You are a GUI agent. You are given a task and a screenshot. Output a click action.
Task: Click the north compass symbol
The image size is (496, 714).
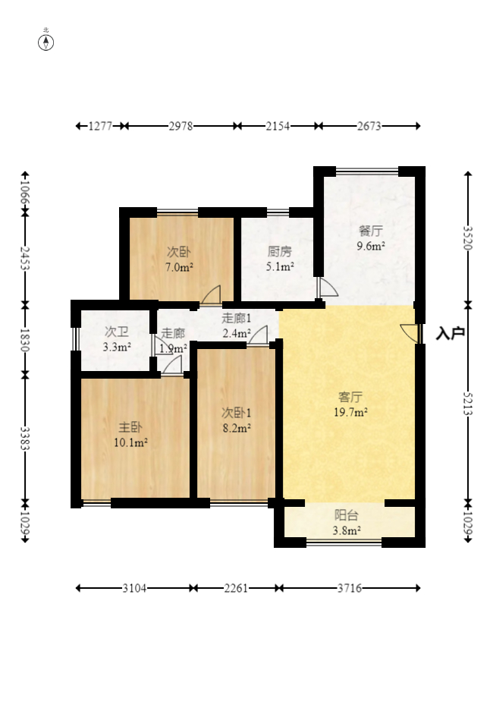tap(46, 42)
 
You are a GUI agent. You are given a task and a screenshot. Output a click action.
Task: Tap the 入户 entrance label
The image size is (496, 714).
tap(450, 333)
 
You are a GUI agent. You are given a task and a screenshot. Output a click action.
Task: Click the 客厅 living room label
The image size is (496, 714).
tap(350, 397)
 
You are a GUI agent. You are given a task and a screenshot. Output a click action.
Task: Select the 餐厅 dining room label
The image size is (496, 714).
tap(370, 231)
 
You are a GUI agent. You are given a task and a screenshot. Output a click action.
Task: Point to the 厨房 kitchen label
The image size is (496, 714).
tap(279, 251)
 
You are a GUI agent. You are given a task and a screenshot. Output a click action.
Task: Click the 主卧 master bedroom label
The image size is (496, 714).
tap(130, 427)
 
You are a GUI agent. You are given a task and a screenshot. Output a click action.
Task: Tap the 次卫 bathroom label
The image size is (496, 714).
tap(117, 332)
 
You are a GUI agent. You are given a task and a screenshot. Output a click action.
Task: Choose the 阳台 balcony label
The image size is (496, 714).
tap(347, 515)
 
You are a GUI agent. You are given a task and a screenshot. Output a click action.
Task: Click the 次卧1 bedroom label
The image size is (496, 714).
tap(236, 413)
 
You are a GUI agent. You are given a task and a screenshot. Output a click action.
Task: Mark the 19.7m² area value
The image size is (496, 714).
tap(350, 413)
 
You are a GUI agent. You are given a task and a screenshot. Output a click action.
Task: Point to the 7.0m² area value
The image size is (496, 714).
tap(179, 267)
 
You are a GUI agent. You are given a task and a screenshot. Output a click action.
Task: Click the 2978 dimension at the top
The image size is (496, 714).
tap(181, 126)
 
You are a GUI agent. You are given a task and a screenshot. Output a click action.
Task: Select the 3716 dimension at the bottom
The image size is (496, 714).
tap(350, 588)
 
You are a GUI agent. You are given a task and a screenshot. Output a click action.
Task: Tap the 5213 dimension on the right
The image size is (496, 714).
tap(468, 404)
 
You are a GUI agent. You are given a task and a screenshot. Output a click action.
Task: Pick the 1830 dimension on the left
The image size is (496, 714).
tap(24, 340)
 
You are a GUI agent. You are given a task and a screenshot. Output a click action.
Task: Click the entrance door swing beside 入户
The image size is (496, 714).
tap(409, 333)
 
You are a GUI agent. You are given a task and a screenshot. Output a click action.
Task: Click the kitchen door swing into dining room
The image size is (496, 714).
tap(328, 288)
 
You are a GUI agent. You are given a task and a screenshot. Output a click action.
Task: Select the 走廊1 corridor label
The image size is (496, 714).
tap(236, 318)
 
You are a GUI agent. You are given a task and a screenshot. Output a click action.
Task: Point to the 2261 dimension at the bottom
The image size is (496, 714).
tap(236, 588)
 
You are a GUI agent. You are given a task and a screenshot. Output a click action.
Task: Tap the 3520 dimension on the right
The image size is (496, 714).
tap(468, 238)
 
